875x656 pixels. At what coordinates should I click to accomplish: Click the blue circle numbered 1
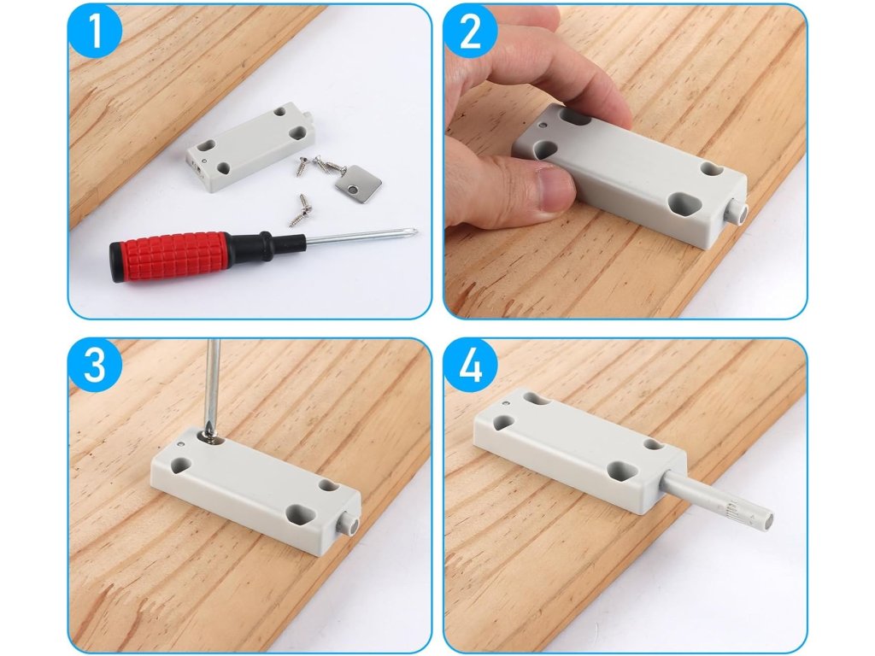pyautogui.click(x=95, y=31)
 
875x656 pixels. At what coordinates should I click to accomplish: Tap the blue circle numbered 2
pyautogui.click(x=470, y=31)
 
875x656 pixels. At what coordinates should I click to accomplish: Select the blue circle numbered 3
pyautogui.click(x=95, y=366)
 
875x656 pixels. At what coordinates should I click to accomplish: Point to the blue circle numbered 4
pyautogui.click(x=470, y=366)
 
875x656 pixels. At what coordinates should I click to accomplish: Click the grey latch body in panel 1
pyautogui.click(x=250, y=147)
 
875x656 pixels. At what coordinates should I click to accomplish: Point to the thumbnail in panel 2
pyautogui.click(x=554, y=187)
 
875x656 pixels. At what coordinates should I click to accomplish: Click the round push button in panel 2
pyautogui.click(x=737, y=213)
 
